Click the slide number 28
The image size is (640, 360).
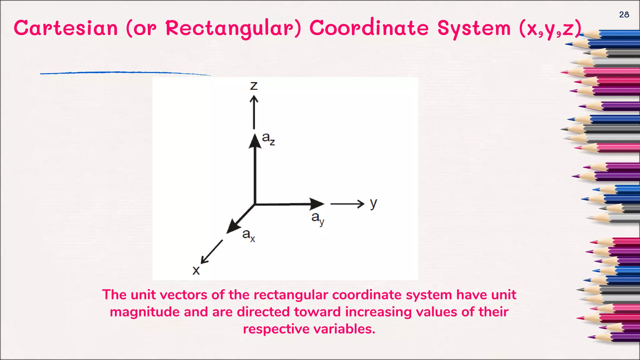(x=624, y=15)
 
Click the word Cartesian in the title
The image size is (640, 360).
(x=66, y=28)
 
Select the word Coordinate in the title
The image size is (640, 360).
(x=369, y=28)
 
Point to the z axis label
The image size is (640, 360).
(x=254, y=85)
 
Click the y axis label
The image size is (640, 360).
(x=373, y=204)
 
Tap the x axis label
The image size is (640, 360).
(x=196, y=270)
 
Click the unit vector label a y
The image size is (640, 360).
(x=317, y=218)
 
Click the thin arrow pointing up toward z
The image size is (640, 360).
(x=254, y=112)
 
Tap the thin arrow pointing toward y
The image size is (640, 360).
(x=347, y=204)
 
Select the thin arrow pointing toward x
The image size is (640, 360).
(x=212, y=252)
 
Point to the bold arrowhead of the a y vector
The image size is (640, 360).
(x=316, y=204)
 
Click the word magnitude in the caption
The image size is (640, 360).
(x=159, y=312)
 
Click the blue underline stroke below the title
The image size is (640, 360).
(x=125, y=72)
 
